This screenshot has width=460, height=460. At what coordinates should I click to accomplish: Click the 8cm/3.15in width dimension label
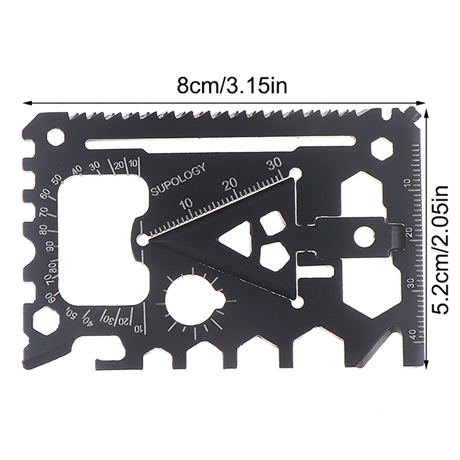click(x=232, y=86)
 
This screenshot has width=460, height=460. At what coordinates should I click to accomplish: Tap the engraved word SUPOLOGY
click(x=178, y=179)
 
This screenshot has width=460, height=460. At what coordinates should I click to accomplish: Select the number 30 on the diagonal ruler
click(x=274, y=163)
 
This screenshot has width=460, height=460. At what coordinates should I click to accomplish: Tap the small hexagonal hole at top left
click(x=55, y=137)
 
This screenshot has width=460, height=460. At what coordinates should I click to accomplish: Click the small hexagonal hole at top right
click(x=382, y=149)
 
